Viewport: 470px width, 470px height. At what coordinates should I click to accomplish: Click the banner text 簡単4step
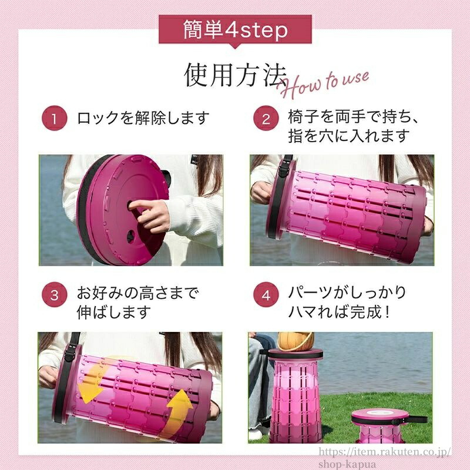click(236, 30)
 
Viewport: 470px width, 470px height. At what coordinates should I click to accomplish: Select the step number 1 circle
click(54, 118)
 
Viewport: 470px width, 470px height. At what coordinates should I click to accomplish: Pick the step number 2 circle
click(266, 118)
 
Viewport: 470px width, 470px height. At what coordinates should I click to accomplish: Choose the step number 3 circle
click(54, 294)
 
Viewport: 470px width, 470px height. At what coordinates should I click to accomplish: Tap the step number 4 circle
click(266, 294)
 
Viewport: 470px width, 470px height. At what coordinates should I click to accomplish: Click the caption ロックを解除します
click(143, 118)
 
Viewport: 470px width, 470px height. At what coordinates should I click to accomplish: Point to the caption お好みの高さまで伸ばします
click(138, 303)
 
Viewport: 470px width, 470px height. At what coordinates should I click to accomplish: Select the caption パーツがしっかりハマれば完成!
click(347, 302)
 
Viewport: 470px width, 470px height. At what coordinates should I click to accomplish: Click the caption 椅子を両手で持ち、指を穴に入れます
click(353, 126)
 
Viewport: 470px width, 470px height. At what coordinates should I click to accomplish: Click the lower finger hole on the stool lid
click(130, 237)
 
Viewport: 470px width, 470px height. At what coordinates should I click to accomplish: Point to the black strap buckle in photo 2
click(284, 171)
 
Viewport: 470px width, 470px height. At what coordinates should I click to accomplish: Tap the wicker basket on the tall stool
click(296, 342)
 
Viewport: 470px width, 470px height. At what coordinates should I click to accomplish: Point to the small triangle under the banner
click(236, 46)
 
